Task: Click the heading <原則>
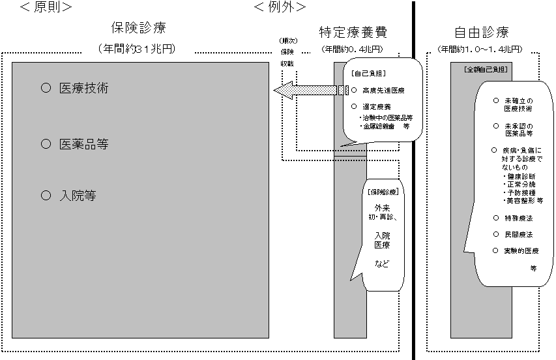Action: pos(46,7)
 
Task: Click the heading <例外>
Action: pos(279,7)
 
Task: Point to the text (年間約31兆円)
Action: pos(138,49)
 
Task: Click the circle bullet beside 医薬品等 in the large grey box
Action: pos(46,143)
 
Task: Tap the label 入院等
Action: pos(78,195)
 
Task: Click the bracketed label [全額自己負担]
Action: pos(486,68)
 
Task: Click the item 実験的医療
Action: pos(521,250)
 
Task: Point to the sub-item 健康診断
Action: pos(523,176)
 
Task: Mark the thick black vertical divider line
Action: pos(414,179)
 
